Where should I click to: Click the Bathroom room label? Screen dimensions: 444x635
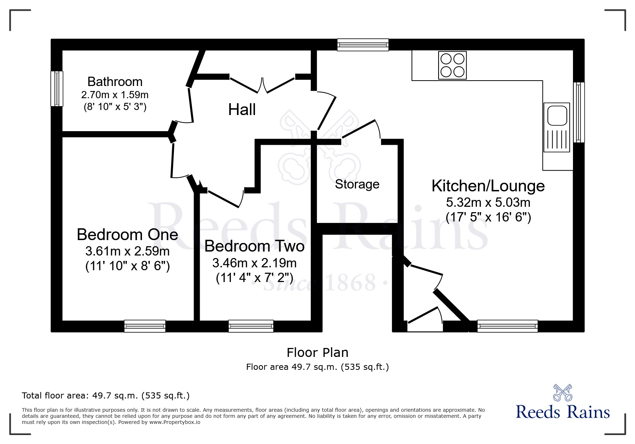point(115,82)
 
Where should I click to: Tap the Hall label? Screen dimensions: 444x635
point(242,110)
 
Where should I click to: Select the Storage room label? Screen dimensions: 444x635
point(357,184)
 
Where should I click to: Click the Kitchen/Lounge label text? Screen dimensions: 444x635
point(488,186)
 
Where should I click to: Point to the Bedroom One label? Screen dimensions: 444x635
point(127,235)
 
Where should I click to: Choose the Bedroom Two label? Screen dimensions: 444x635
point(254,246)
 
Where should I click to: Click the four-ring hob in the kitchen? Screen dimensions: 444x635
point(452,65)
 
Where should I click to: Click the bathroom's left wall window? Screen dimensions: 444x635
point(57,89)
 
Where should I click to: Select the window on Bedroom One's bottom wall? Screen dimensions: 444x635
point(145,326)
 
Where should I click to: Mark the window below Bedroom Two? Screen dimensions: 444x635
point(251,326)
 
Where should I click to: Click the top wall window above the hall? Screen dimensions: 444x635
point(363,45)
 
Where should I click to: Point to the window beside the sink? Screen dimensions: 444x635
point(578,112)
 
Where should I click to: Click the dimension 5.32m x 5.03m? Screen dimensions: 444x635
point(488,202)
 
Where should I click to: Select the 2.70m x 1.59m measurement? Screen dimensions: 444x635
point(115,95)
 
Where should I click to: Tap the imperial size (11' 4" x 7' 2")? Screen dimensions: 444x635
point(254,278)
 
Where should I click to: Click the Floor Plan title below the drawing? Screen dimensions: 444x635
point(317,353)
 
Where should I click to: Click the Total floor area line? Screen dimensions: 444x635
point(106,396)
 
